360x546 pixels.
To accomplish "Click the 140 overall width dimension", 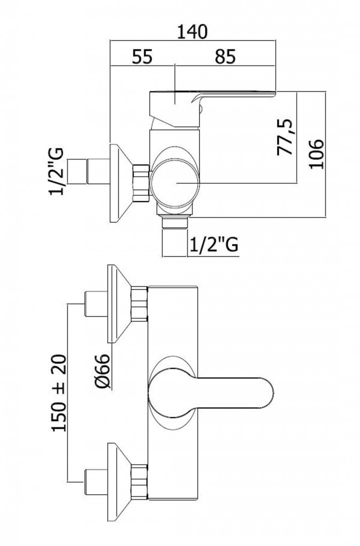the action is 193,31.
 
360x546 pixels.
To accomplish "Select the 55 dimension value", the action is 142,57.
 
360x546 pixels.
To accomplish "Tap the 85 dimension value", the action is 225,57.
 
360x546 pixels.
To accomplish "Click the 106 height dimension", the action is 316,154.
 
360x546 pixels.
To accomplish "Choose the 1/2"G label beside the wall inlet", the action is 57,171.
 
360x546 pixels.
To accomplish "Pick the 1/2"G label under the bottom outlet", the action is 214,245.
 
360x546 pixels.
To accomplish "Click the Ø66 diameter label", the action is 102,371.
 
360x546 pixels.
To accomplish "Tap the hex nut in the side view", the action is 141,183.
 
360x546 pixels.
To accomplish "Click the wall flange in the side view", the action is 121,183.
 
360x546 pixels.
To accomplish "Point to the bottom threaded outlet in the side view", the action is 174,236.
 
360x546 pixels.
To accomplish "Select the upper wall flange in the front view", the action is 119,303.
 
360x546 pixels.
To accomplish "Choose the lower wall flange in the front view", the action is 119,482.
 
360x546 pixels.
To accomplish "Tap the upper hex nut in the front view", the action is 139,303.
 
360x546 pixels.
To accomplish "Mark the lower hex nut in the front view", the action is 139,482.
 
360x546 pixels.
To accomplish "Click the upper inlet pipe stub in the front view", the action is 96,304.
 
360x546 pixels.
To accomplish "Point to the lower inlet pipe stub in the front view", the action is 96,482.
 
